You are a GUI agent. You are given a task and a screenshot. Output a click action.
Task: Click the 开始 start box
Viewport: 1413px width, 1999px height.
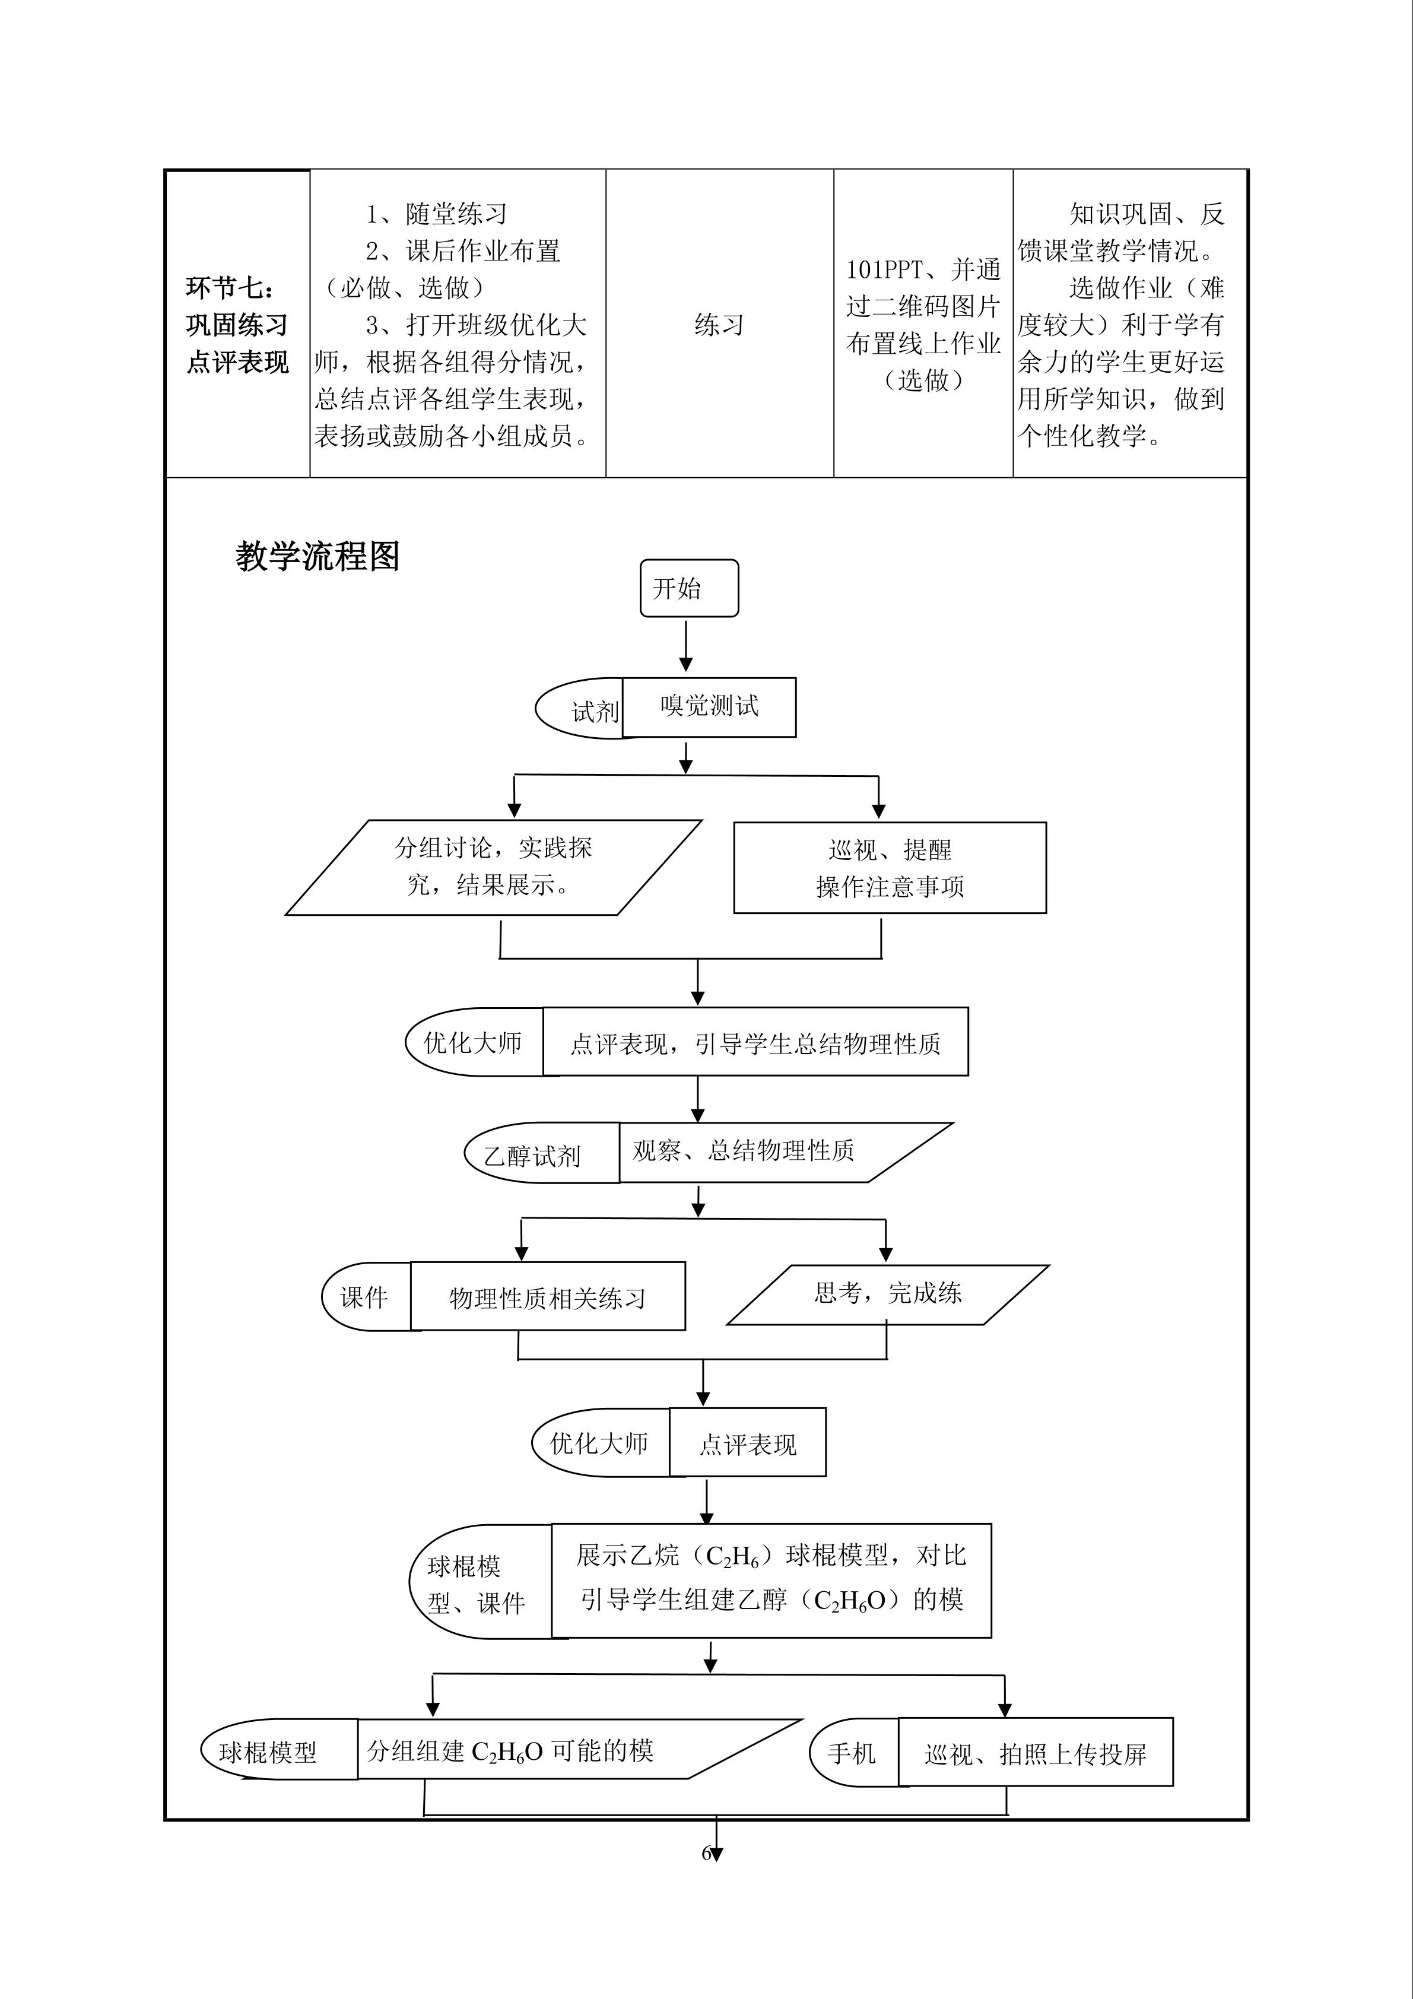point(688,589)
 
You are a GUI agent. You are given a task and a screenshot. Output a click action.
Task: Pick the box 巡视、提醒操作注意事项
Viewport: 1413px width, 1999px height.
point(889,868)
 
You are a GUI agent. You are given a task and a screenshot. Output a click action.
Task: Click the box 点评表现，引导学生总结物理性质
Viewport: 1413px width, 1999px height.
point(755,1042)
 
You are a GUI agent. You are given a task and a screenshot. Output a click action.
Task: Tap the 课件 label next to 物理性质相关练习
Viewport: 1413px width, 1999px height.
point(364,1298)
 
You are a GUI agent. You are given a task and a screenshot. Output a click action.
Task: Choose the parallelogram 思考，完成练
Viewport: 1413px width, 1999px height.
point(887,1294)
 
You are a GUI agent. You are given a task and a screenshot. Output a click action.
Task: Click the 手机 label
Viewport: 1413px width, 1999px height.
point(852,1753)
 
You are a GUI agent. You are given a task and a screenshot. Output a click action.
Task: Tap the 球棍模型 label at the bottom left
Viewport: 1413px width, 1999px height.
point(268,1753)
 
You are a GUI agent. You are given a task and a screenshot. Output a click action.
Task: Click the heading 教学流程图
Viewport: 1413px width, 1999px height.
point(317,556)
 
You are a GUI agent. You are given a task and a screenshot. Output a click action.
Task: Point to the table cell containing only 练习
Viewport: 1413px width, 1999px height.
point(719,325)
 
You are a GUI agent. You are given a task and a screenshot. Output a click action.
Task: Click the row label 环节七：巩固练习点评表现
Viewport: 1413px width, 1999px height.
point(237,325)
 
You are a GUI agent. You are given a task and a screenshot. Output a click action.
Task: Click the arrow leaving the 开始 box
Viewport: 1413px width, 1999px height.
point(686,645)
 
